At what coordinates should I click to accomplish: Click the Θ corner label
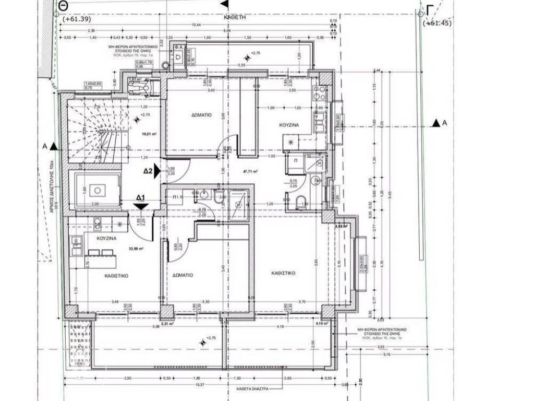pos(64,5)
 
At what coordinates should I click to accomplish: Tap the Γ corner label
pos(430,10)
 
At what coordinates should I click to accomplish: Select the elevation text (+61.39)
pos(77,19)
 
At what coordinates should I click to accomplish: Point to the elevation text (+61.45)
pos(438,23)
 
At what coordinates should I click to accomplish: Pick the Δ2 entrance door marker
pos(150,171)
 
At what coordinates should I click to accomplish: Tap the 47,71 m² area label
pos(248,170)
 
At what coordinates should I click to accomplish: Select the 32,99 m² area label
pos(137,249)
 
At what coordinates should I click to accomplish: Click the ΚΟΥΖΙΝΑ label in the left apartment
pos(106,238)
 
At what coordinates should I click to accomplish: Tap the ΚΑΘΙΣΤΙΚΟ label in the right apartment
pos(284,273)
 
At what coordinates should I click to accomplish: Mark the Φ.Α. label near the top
pos(178,46)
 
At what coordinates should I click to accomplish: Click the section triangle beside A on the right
pos(434,123)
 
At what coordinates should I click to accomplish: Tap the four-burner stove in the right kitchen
pos(318,95)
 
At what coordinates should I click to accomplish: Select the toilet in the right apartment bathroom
pos(301,203)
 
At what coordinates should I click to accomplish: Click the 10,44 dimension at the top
pos(197,25)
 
